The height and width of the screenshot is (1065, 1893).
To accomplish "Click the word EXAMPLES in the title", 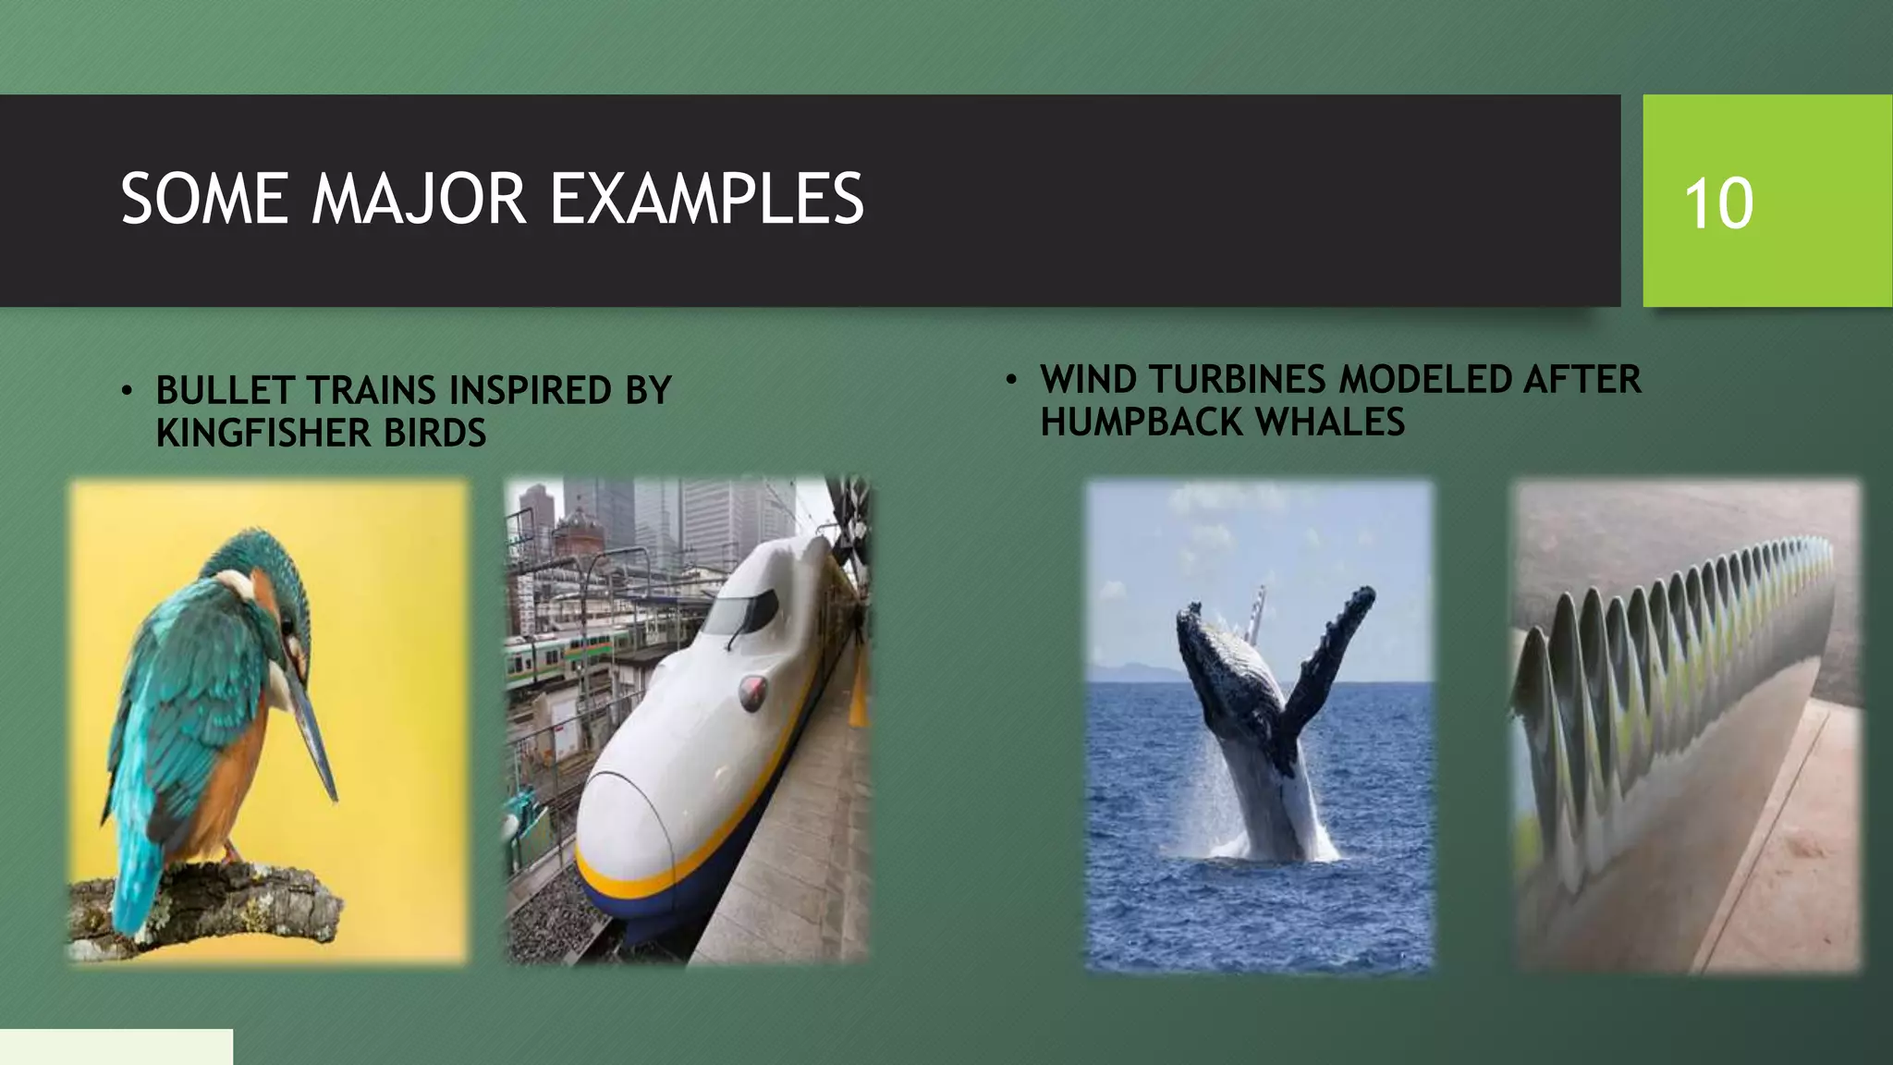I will (706, 199).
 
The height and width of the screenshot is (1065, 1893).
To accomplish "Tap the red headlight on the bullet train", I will (752, 690).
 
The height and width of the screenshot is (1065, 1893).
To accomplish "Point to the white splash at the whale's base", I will (1276, 846).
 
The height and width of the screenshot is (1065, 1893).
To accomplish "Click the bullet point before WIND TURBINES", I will (1012, 380).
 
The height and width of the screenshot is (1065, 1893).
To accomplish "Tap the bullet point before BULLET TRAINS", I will (128, 391).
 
